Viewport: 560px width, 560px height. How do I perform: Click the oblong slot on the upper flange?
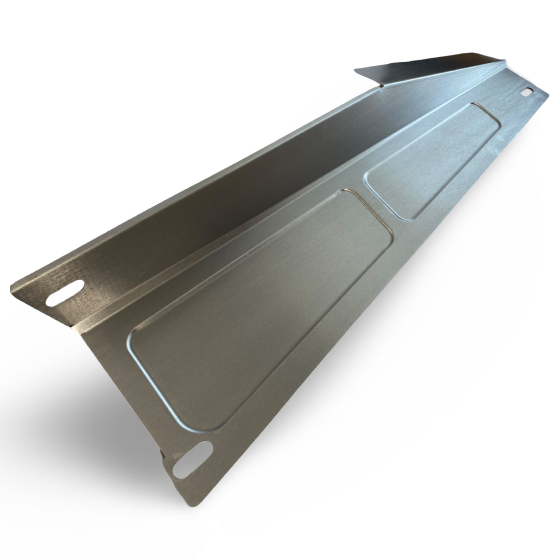coord(65,293)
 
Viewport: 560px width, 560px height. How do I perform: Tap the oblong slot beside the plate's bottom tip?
coord(192,459)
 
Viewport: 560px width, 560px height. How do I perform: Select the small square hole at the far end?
coord(527,92)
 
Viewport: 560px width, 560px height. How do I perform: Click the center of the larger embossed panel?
coord(259,311)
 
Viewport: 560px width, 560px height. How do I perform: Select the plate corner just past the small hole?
coord(548,95)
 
